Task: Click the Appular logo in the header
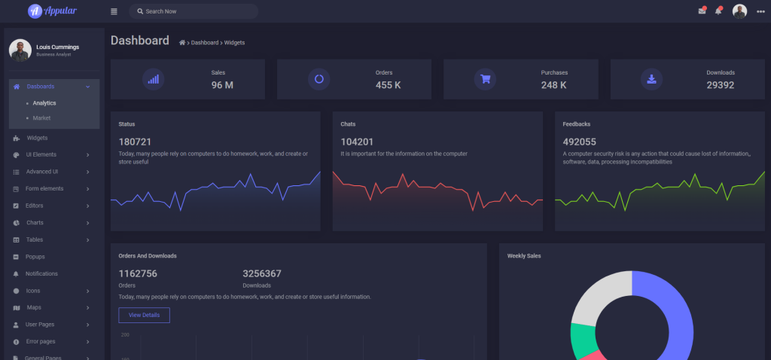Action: pos(52,11)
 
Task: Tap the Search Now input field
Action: pos(196,11)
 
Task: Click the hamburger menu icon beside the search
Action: pos(114,11)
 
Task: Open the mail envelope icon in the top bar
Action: pos(702,11)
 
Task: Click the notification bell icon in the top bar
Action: pos(718,11)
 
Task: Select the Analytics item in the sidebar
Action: pos(44,103)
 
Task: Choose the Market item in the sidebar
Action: pos(41,118)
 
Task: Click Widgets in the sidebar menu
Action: pos(37,138)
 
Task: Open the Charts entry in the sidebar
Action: pos(35,223)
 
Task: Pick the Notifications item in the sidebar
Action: pos(41,273)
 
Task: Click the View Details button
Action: pos(144,315)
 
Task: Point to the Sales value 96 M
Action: pos(222,85)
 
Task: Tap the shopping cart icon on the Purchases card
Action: pos(486,78)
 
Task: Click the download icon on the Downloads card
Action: pos(651,78)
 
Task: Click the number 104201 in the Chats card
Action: pos(357,142)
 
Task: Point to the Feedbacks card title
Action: pos(577,124)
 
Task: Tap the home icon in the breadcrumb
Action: pos(182,43)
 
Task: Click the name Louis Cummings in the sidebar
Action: pos(57,47)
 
